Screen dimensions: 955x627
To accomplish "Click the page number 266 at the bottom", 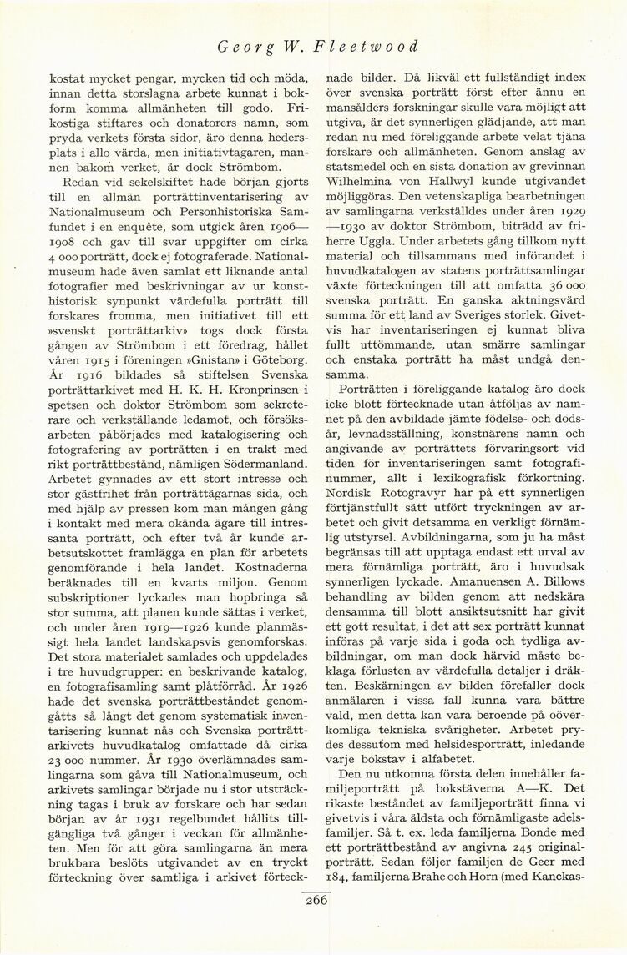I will pyautogui.click(x=316, y=899).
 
